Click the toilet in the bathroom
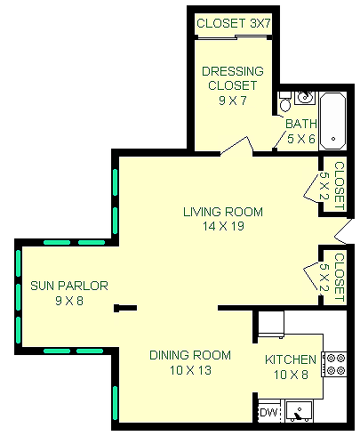tap(285, 101)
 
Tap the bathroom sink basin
tap(304, 97)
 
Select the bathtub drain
tap(333, 139)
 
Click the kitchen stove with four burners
tap(334, 364)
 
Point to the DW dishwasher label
tap(268, 412)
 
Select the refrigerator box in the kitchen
tap(271, 324)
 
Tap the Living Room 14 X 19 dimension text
tap(223, 226)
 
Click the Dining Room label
tap(190, 355)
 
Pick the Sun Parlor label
tap(69, 286)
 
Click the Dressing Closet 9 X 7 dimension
tap(233, 101)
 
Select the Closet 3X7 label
tap(234, 23)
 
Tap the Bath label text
tap(300, 124)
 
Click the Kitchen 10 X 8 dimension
tap(291, 375)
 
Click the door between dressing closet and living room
tap(236, 146)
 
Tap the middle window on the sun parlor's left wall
tap(18, 297)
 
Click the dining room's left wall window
tap(115, 402)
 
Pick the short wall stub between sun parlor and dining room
tap(125, 308)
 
